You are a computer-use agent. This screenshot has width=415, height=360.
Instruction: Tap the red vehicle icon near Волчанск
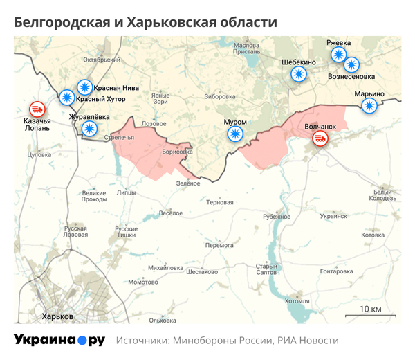pyautogui.click(x=320, y=138)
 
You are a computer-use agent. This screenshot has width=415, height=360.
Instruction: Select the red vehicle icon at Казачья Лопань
pyautogui.click(x=36, y=109)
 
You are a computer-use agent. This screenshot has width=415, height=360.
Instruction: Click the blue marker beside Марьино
pyautogui.click(x=370, y=106)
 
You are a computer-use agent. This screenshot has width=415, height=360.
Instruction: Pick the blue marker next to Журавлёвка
pyautogui.click(x=89, y=129)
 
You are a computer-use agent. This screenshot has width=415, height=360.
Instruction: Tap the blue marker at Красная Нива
pyautogui.click(x=84, y=87)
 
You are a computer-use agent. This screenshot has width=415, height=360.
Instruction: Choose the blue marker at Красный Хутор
pyautogui.click(x=67, y=98)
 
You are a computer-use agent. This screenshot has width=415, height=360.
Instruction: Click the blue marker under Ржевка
pyautogui.click(x=338, y=55)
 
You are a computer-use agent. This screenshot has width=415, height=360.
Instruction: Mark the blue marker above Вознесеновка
pyautogui.click(x=352, y=64)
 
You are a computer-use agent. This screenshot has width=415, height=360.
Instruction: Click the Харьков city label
pyautogui.click(x=58, y=316)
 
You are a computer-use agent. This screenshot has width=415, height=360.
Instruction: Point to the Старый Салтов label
pyautogui.click(x=266, y=269)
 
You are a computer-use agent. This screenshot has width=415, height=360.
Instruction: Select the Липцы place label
pyautogui.click(x=127, y=192)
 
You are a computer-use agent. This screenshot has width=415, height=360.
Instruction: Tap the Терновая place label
pyautogui.click(x=220, y=202)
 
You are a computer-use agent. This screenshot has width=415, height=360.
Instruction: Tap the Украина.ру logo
pyautogui.click(x=59, y=340)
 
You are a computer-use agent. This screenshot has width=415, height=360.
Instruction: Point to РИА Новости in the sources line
pyautogui.click(x=309, y=341)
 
